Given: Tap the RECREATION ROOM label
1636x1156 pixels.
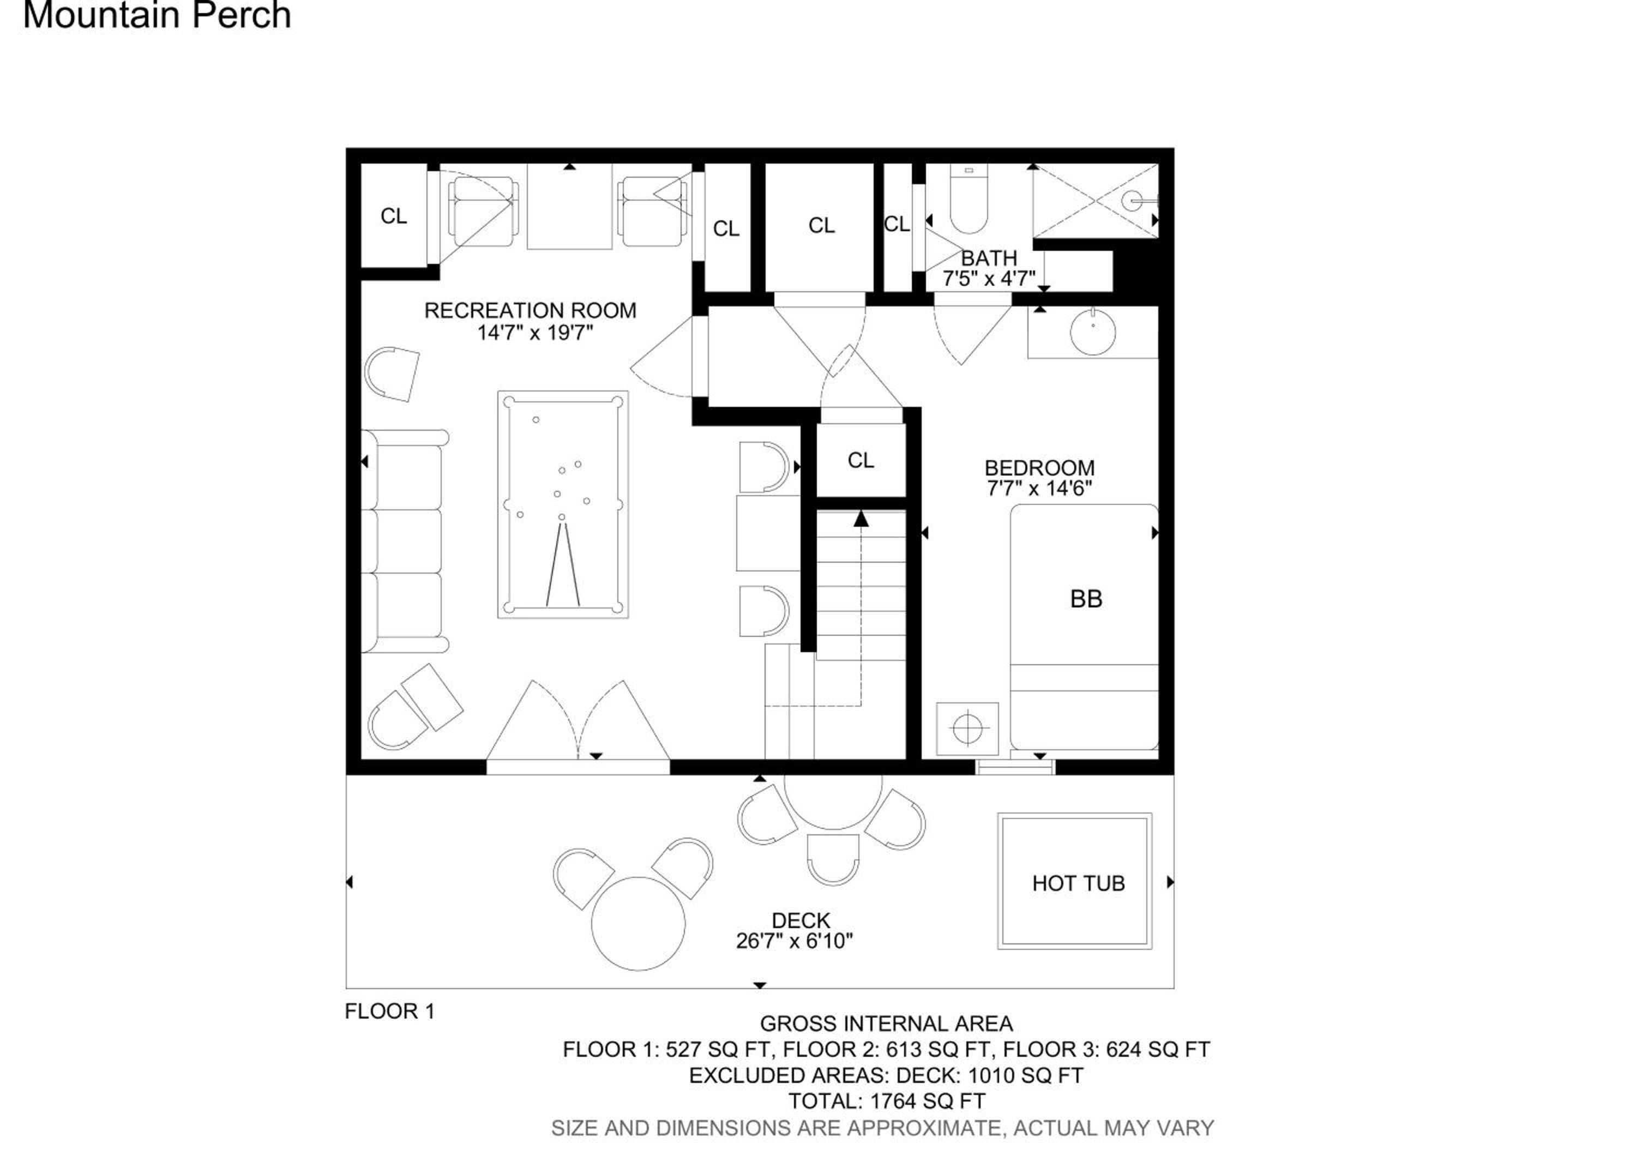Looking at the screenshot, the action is click(530, 311).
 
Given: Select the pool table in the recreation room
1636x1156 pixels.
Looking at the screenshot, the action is click(563, 504).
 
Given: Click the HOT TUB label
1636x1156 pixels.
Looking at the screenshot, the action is click(1078, 883).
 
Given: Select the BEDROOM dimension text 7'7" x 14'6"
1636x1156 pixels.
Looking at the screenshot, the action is click(1039, 489).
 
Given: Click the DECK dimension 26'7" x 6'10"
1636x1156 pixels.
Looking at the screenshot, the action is click(795, 941).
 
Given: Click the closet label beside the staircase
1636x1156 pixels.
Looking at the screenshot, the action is click(861, 460).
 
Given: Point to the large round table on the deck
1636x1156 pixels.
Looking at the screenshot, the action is click(639, 923).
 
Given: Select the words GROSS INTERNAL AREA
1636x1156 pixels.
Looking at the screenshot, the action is click(886, 1023).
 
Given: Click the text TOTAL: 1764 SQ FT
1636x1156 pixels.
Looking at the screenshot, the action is click(886, 1101).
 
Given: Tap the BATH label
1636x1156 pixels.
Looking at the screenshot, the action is click(989, 258).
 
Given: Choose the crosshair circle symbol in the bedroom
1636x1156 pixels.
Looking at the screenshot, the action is click(967, 728).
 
